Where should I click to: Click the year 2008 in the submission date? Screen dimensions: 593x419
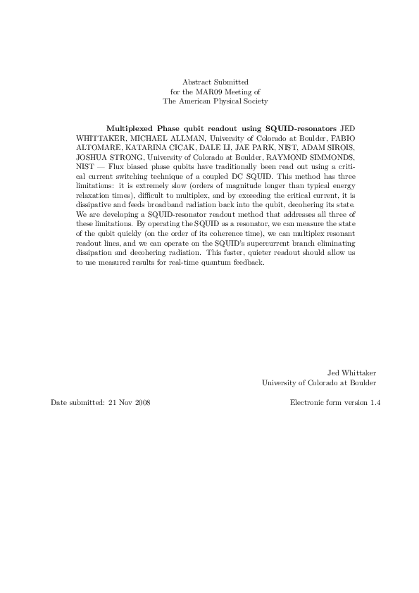pos(140,402)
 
